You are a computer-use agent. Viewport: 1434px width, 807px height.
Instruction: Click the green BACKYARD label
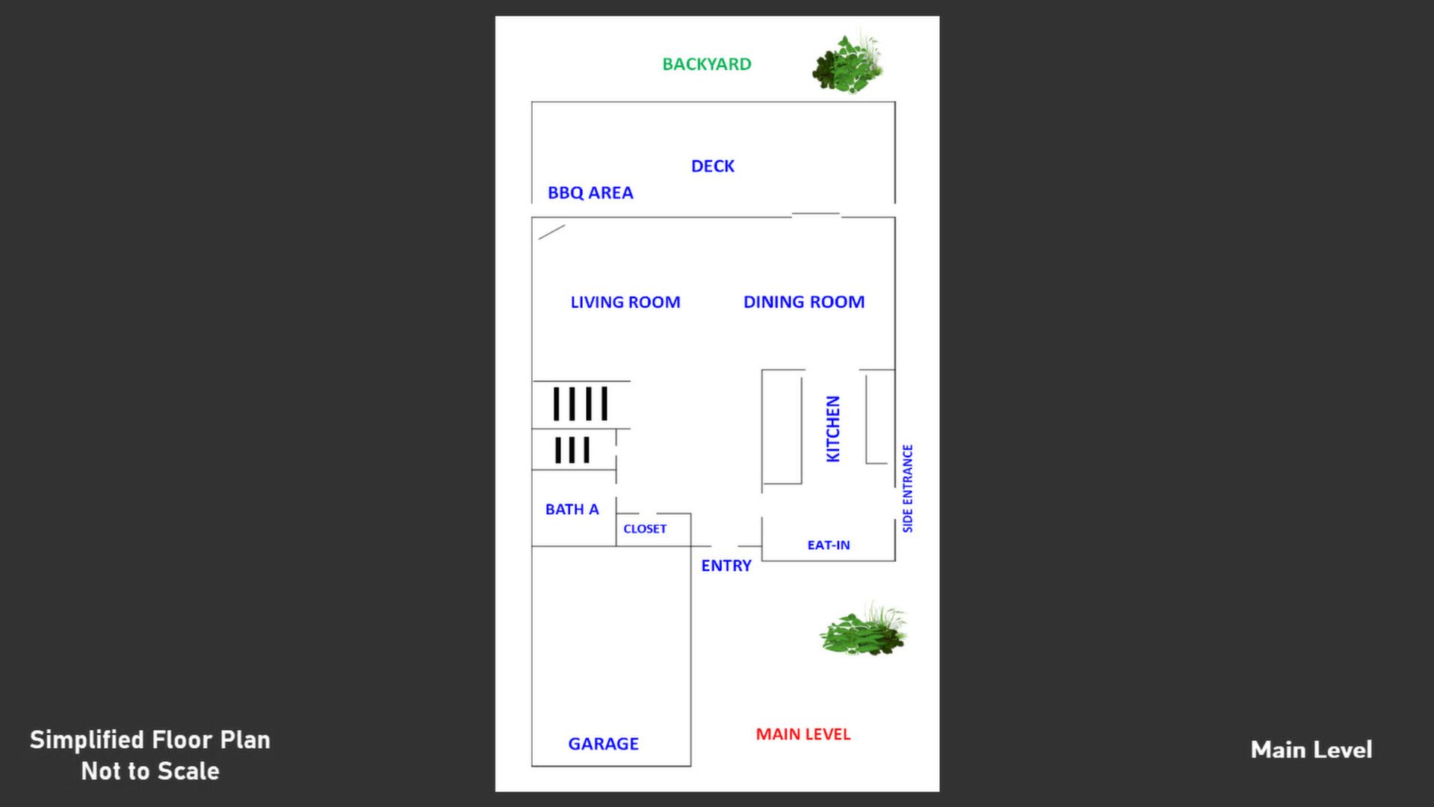(706, 64)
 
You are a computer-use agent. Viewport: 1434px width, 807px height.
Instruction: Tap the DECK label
(712, 166)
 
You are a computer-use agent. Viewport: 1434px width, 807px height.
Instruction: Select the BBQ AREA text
(590, 193)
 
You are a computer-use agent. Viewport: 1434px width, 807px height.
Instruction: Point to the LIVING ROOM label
(625, 302)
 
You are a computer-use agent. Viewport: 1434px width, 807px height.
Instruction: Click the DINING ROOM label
(803, 302)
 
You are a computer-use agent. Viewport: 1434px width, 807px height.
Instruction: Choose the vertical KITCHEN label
(832, 429)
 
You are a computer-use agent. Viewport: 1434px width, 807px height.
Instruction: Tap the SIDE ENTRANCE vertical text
(907, 489)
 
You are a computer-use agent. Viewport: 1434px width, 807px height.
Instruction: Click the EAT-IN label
(828, 545)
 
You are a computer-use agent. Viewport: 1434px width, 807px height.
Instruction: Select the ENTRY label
(726, 566)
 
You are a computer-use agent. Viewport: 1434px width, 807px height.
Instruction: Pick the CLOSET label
(645, 529)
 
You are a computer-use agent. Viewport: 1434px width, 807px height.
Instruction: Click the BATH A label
(572, 510)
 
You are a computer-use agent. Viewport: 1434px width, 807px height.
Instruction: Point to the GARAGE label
(603, 743)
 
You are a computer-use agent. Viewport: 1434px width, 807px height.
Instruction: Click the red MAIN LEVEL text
(803, 735)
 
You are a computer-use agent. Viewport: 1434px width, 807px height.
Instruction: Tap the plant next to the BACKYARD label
(848, 64)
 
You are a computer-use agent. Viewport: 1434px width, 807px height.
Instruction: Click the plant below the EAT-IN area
(863, 630)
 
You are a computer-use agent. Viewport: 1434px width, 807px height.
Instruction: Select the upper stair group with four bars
(580, 403)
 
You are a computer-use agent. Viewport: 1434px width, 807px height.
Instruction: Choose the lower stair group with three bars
(572, 450)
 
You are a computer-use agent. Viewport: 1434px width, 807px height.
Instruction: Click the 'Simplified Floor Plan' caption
(150, 740)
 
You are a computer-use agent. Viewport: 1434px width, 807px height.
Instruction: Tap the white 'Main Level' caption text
(1311, 749)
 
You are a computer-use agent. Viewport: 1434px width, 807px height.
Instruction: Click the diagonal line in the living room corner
(551, 232)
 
